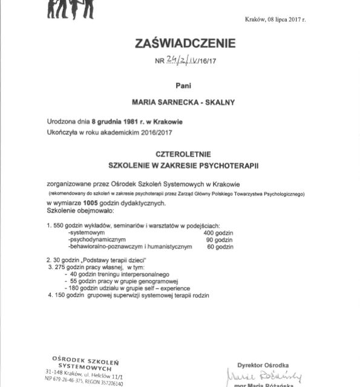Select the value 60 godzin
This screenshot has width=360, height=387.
click(220, 247)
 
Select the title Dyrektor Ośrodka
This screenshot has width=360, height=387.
click(263, 365)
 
